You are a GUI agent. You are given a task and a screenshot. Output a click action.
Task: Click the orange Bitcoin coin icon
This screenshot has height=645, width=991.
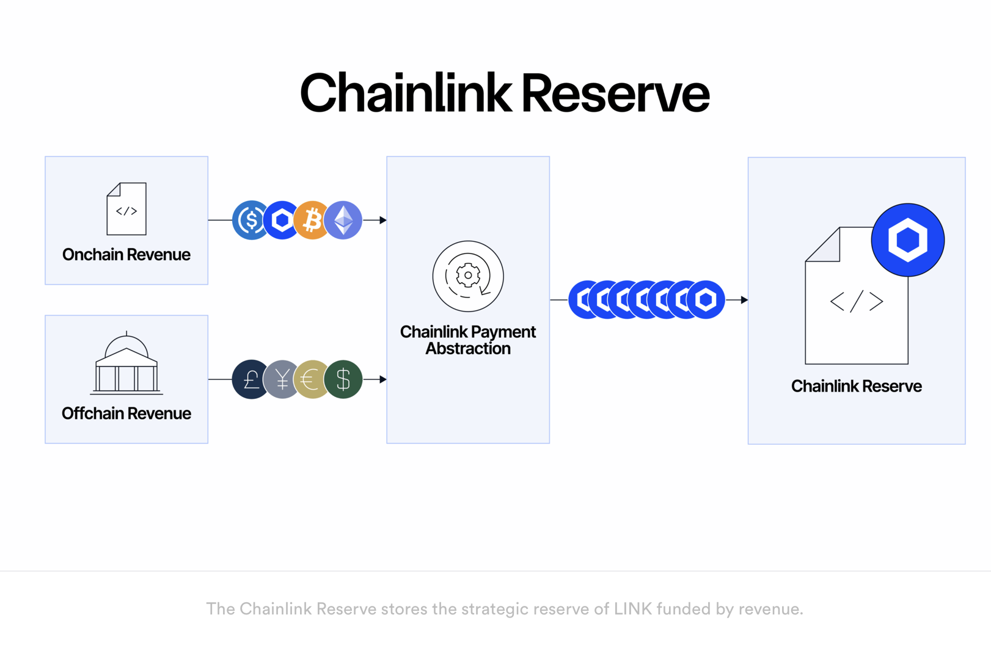313,220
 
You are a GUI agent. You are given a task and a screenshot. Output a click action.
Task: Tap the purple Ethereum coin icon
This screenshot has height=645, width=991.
343,220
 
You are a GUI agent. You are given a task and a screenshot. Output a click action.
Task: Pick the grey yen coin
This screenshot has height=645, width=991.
280,379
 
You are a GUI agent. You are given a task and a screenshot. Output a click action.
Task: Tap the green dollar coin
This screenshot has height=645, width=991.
343,379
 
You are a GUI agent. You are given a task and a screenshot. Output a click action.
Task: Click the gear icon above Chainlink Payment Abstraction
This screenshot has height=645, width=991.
468,276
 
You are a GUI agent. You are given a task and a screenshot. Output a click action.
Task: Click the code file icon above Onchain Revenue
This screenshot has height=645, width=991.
126,209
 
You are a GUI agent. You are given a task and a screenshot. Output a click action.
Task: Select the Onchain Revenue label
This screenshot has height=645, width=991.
126,255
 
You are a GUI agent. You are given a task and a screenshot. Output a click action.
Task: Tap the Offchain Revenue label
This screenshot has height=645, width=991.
126,414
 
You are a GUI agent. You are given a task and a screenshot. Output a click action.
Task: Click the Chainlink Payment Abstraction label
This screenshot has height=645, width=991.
468,340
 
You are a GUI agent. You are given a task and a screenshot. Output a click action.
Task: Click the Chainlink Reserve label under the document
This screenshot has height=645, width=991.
856,386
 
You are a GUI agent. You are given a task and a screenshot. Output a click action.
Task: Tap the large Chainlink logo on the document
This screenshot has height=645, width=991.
907,239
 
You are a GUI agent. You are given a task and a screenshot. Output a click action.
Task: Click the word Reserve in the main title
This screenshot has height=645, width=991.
615,93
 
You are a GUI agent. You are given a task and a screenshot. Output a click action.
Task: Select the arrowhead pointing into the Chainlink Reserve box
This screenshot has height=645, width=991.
744,300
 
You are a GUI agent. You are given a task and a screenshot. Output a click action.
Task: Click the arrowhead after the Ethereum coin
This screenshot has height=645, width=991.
382,220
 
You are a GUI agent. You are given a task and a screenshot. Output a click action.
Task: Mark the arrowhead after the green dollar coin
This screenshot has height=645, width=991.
382,379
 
